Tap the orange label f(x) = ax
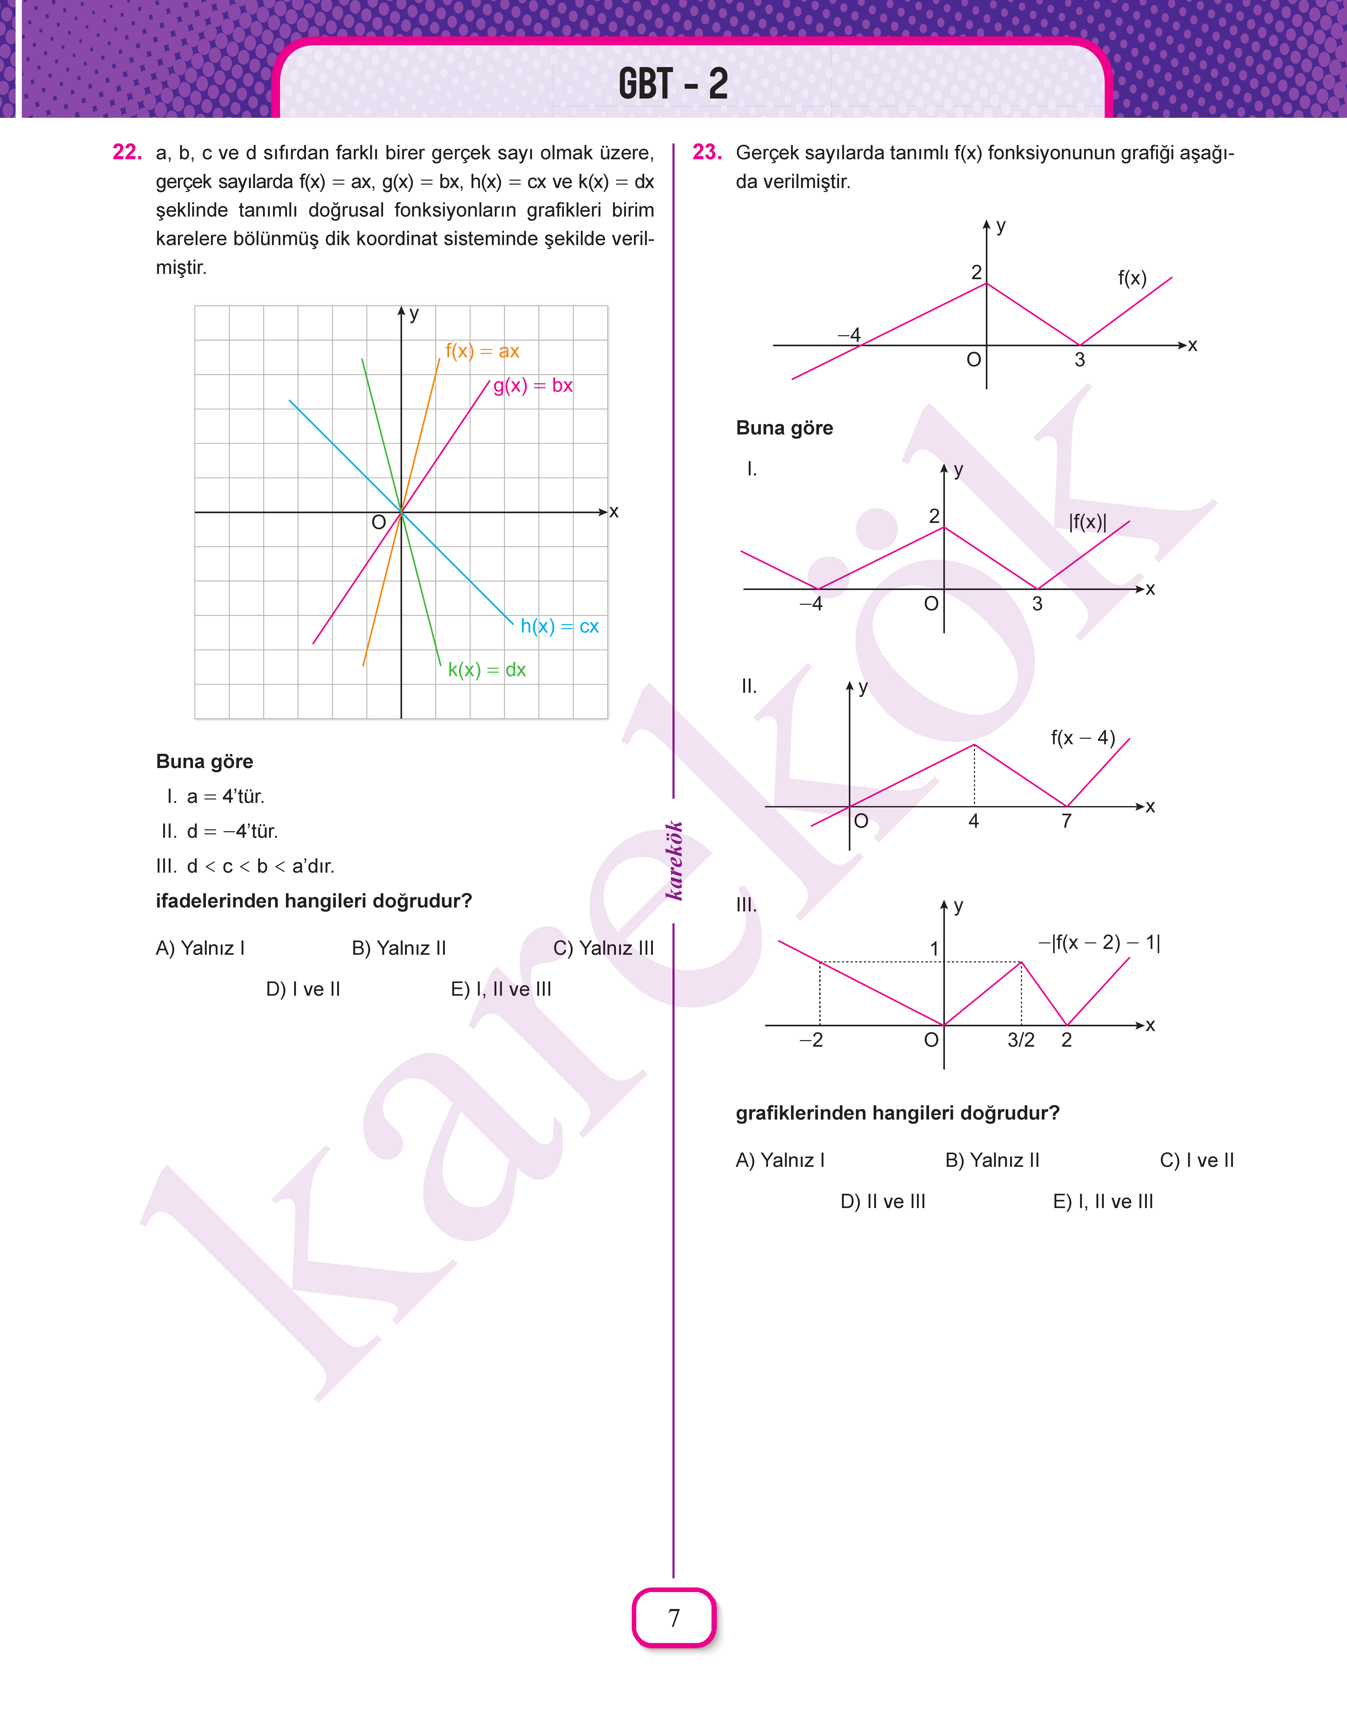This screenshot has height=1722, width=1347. (482, 351)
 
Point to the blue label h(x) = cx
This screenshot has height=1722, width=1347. (559, 626)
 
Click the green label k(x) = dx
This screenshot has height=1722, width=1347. (487, 670)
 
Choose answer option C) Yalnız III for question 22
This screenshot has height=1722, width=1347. (603, 947)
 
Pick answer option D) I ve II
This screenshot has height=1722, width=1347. (303, 989)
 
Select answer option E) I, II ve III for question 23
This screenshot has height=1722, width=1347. (1103, 1201)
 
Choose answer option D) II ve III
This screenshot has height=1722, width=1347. (883, 1201)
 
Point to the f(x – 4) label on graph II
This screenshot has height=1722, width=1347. (1083, 738)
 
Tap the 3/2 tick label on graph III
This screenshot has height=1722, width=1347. (1020, 1040)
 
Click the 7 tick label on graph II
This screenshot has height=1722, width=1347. (1066, 821)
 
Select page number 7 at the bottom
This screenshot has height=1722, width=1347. (673, 1618)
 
